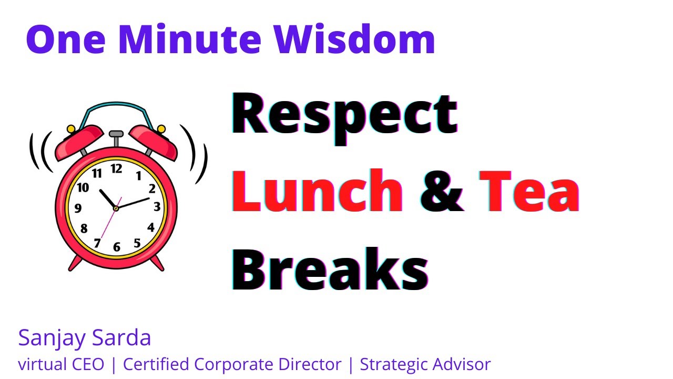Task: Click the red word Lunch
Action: [317, 192]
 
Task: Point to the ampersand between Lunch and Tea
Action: [442, 192]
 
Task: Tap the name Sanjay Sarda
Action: [85, 338]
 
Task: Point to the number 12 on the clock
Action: [116, 168]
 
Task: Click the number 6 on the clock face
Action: [117, 247]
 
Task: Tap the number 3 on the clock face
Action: [157, 207]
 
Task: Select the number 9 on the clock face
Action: [78, 208]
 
